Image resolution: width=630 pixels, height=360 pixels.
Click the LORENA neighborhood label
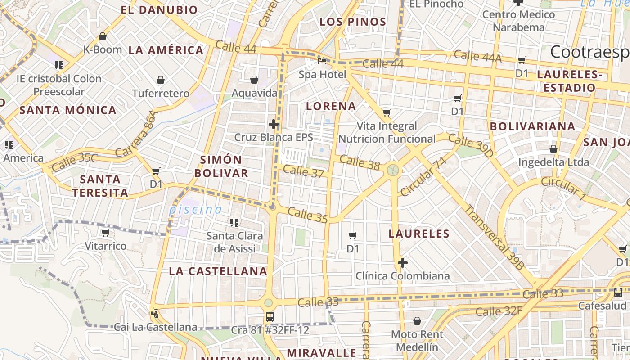331,106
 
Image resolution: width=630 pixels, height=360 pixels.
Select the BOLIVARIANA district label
532,126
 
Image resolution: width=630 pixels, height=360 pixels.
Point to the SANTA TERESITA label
100,186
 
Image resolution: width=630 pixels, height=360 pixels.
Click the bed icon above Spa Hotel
322,61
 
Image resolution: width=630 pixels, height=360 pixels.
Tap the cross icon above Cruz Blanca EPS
274,124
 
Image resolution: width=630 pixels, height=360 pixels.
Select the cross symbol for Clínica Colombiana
403,262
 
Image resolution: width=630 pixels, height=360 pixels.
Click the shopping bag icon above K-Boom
103,36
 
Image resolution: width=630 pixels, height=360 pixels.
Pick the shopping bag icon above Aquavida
254,80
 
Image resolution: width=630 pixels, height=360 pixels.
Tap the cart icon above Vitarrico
106,233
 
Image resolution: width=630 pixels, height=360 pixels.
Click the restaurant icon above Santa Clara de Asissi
234,222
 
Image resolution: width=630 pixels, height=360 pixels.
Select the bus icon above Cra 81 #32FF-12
270,316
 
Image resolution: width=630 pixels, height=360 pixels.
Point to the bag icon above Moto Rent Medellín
417,321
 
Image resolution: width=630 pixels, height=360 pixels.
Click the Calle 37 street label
304,171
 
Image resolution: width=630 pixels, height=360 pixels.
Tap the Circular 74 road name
423,176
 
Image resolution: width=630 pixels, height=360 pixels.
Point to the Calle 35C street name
74,162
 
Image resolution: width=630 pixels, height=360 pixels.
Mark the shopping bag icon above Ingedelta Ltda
553,148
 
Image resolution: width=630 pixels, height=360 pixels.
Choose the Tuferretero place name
161,94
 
